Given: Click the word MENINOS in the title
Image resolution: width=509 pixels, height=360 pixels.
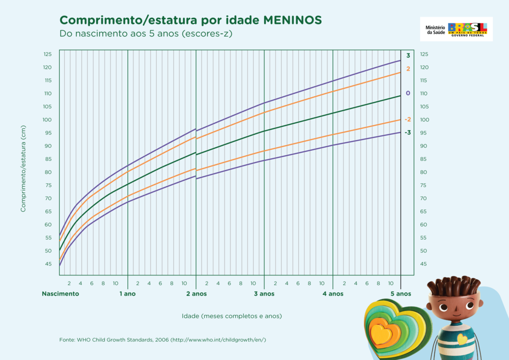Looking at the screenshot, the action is click(x=293, y=20).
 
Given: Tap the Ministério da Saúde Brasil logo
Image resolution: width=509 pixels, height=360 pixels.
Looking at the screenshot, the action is click(x=456, y=29).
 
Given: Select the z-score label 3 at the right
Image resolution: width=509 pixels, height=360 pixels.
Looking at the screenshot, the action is click(x=408, y=56).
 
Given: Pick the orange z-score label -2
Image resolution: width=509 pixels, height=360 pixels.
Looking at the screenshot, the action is click(x=408, y=120).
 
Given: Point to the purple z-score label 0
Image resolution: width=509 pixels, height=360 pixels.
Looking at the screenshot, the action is click(x=408, y=93).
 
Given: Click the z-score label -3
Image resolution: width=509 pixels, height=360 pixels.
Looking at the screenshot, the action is click(x=408, y=132).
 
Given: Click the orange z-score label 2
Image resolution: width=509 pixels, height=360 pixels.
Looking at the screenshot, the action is click(x=408, y=69).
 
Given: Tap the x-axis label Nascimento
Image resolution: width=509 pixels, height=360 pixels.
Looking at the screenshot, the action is click(x=61, y=294).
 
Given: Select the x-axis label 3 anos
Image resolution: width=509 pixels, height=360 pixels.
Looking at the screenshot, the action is click(x=264, y=294).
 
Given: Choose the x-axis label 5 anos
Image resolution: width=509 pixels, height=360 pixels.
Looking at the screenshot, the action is click(x=401, y=294).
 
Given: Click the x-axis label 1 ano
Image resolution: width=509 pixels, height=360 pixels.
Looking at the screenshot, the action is click(x=128, y=294).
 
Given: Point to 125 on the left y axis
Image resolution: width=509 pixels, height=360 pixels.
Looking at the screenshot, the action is click(x=48, y=54).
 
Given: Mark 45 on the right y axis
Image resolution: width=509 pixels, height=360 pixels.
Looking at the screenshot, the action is click(x=423, y=264).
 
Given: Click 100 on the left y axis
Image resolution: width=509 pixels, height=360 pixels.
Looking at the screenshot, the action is click(x=47, y=120).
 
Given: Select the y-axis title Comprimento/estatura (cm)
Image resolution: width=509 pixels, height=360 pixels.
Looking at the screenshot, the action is click(x=23, y=169).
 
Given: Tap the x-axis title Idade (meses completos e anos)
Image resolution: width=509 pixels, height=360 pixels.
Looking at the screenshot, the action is click(x=232, y=316).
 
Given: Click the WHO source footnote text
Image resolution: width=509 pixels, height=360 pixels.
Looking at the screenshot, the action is click(x=163, y=340).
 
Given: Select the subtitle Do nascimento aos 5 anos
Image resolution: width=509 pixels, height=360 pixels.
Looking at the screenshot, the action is click(x=146, y=34).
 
